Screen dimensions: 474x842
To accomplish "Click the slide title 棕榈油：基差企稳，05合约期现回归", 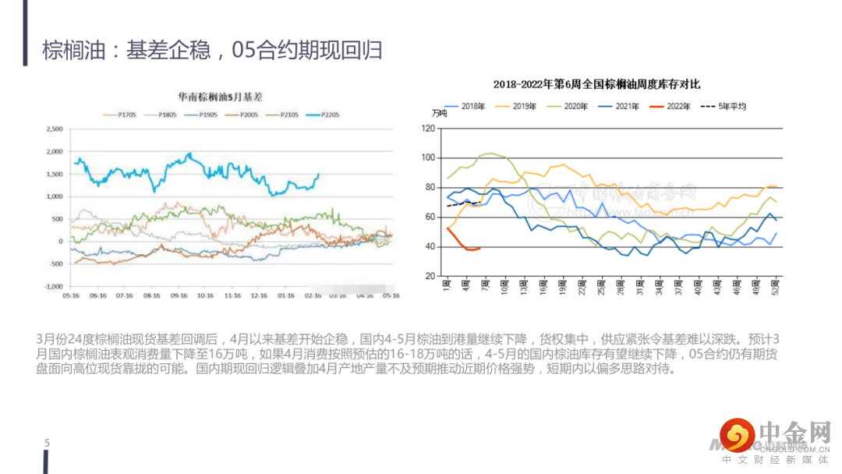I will (212, 51).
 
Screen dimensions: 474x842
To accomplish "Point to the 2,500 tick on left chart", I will (54, 129).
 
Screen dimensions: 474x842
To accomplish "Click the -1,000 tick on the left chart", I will (53, 286).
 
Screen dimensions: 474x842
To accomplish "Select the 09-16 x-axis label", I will (179, 296).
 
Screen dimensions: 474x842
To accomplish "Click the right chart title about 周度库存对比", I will (596, 83).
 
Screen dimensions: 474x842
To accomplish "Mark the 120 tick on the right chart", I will (427, 128).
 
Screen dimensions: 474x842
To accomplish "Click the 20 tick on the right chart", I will (430, 277).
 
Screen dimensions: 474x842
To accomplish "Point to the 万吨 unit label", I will (439, 114).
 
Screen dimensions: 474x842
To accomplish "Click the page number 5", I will (47, 444).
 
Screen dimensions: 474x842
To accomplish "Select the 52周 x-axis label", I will (774, 284).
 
